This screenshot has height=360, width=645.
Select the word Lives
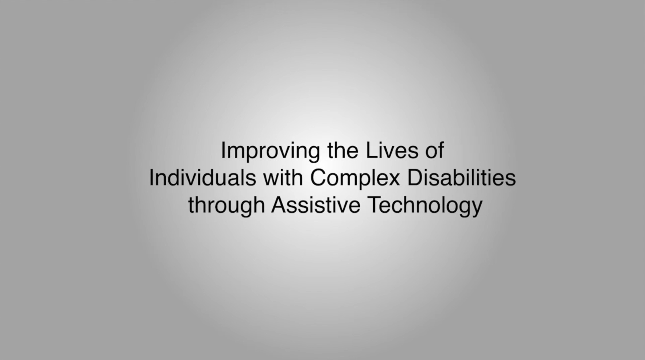click(392, 150)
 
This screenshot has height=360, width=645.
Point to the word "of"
click(435, 150)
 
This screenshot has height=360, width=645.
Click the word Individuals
click(203, 178)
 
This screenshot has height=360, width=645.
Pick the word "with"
click(283, 178)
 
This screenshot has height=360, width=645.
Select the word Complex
click(355, 179)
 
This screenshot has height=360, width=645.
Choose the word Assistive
click(316, 205)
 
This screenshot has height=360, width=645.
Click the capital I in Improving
click(223, 150)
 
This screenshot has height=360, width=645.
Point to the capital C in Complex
click(319, 178)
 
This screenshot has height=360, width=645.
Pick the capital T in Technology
click(375, 205)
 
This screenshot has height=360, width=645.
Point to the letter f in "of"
click(441, 150)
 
